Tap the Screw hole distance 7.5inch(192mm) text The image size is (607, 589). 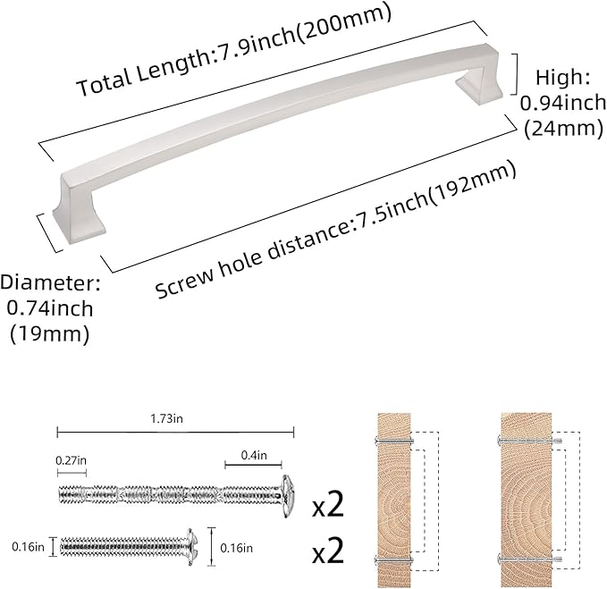(336, 231)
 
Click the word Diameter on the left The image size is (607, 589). (50, 283)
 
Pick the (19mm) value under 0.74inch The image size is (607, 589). (49, 334)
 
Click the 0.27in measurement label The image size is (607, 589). (72, 459)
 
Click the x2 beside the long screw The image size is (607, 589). (328, 507)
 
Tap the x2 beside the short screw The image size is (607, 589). (328, 550)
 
